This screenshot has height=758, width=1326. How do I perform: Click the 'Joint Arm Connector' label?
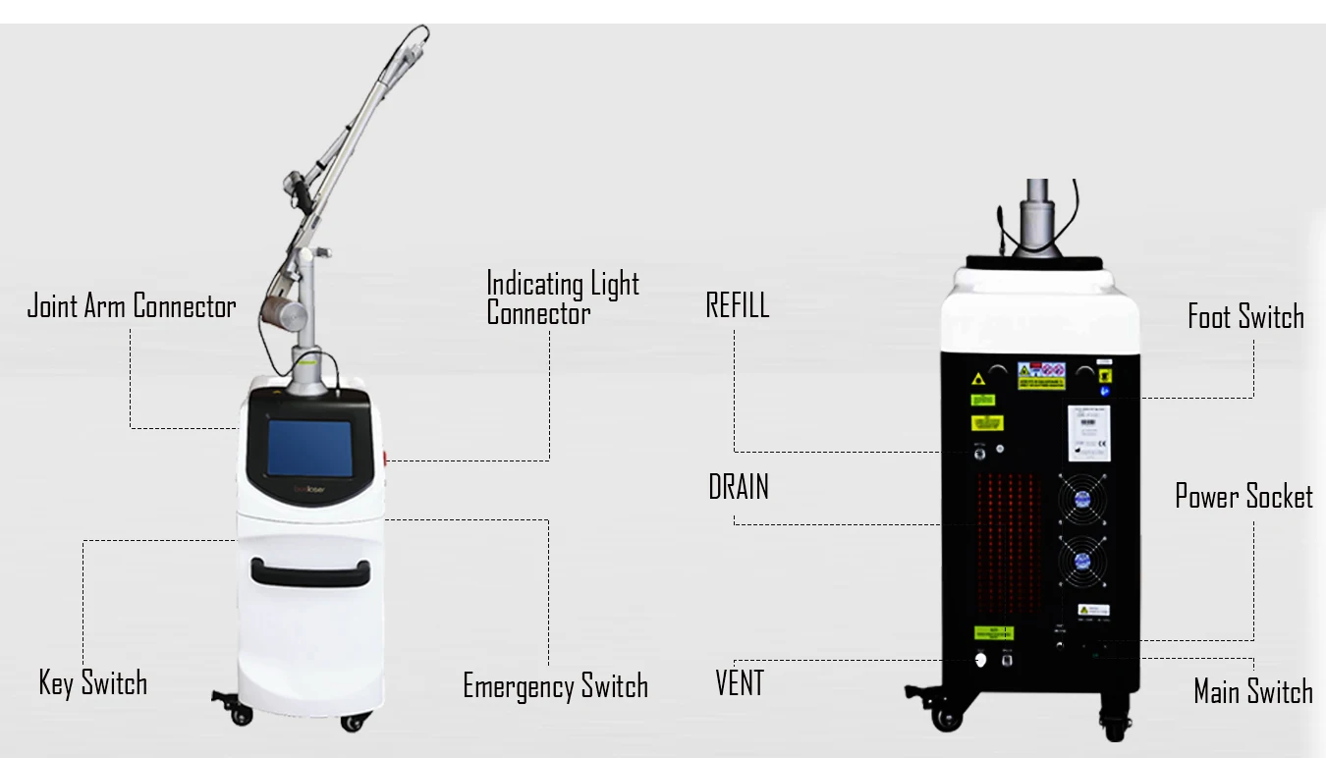tap(132, 306)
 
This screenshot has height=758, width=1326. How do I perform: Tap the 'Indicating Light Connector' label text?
tap(562, 298)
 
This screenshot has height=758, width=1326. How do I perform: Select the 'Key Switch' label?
tap(93, 682)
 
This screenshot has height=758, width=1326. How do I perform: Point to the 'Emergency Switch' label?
tap(555, 685)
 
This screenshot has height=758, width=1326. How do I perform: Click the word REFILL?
tap(738, 305)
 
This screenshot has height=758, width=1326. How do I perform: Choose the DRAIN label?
tap(739, 487)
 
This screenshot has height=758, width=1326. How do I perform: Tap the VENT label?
tap(740, 682)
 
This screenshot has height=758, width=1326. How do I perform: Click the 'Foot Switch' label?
tap(1245, 316)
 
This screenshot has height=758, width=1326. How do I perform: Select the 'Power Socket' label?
tap(1243, 497)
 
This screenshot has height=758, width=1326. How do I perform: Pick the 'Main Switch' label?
tap(1252, 691)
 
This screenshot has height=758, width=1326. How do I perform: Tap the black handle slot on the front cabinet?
tap(310, 570)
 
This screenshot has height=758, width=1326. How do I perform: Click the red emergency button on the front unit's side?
tap(387, 458)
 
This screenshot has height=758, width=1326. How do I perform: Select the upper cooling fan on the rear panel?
tap(1082, 498)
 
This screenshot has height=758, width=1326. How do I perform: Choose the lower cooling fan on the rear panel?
tap(1082, 562)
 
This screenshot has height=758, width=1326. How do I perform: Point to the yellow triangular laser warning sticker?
tap(978, 379)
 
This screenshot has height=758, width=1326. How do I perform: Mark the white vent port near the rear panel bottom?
tap(979, 660)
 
